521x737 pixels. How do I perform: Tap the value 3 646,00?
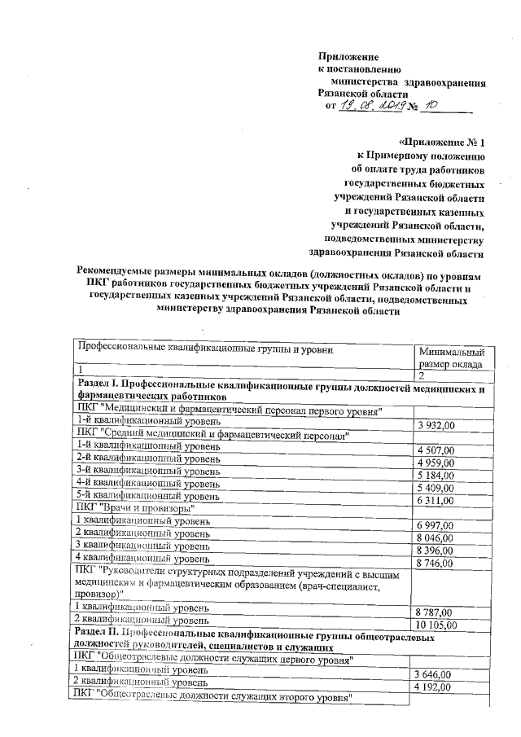pos(434,674)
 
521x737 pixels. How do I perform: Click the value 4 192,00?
pos(434,687)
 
